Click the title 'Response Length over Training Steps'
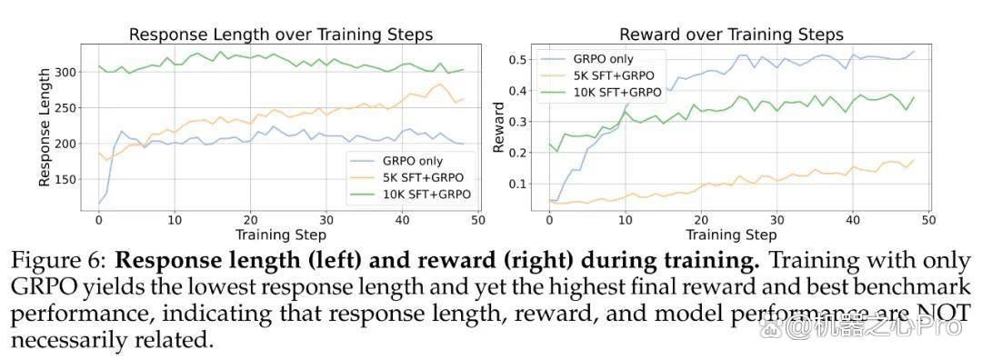coord(281,35)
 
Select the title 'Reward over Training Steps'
coord(731,35)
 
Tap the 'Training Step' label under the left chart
coord(280,235)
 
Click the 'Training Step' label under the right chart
coord(731,235)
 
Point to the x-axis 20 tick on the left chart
coord(251,220)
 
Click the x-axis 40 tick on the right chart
coord(852,220)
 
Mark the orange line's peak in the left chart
coord(440,84)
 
